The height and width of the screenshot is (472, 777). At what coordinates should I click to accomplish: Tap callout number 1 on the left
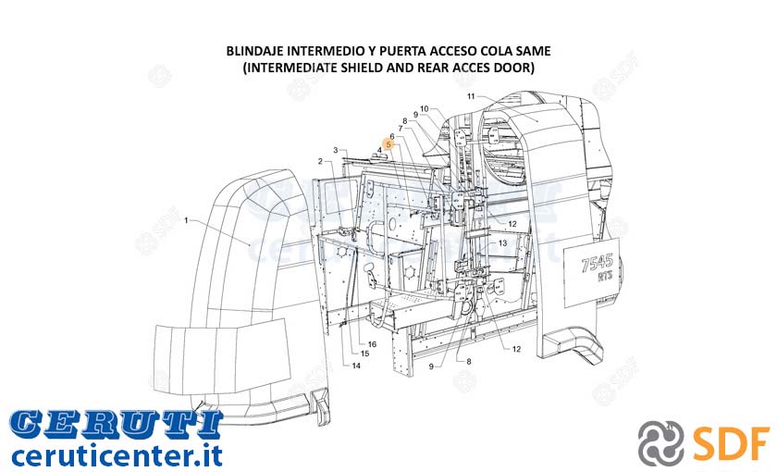coord(186,220)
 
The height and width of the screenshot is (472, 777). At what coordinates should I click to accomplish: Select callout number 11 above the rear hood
coord(471,96)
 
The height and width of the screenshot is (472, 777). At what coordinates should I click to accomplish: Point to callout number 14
coord(356,366)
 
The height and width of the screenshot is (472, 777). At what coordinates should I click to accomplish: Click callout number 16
coord(372,344)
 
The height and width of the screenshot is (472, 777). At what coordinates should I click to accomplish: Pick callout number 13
coord(502,242)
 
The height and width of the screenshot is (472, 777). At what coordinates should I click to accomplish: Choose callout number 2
coord(320,161)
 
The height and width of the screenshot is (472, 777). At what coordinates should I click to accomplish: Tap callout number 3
coord(336,150)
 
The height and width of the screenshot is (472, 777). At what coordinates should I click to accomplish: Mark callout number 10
coord(425,109)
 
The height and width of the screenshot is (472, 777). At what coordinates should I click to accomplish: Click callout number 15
coord(364,354)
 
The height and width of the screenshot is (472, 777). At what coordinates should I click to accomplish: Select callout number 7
coord(401,129)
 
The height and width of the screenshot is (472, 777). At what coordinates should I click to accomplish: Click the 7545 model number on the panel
coord(597,262)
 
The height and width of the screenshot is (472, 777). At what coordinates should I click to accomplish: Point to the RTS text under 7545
coord(605,277)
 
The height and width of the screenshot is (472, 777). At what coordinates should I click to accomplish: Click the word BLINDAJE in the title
coord(254,51)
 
